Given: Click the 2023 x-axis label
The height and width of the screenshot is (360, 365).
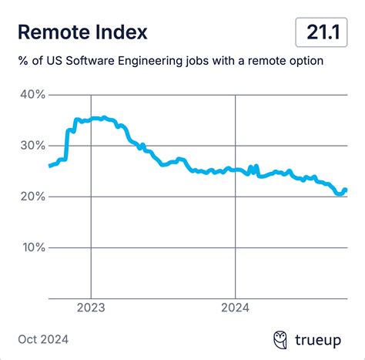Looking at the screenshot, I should pyautogui.click(x=91, y=307).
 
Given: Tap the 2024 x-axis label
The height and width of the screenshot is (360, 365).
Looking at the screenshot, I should pyautogui.click(x=235, y=307).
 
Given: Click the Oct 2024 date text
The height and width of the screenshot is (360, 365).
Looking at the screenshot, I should pyautogui.click(x=43, y=339).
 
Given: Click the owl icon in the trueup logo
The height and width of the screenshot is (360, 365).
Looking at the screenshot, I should pyautogui.click(x=282, y=339).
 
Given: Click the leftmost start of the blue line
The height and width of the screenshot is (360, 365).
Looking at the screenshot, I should pyautogui.click(x=50, y=166).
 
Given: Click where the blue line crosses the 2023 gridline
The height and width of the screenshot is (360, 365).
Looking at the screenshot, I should pyautogui.click(x=91, y=119).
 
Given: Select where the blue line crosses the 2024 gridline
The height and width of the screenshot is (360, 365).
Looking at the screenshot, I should pyautogui.click(x=235, y=170).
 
